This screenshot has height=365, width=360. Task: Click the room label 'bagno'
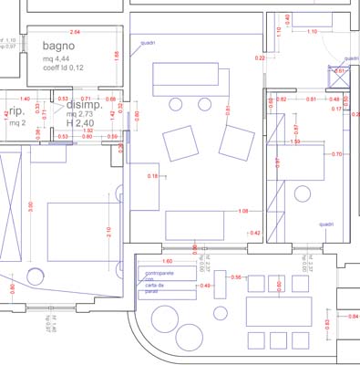(58, 46)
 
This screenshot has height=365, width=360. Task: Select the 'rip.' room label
(16, 109)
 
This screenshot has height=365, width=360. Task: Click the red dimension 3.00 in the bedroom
(31, 206)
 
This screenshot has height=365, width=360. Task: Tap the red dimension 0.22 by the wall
(260, 58)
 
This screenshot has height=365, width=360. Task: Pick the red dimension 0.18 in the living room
(153, 175)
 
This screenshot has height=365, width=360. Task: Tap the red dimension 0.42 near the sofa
(254, 234)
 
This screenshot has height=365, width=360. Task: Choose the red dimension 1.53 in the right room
(295, 142)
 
